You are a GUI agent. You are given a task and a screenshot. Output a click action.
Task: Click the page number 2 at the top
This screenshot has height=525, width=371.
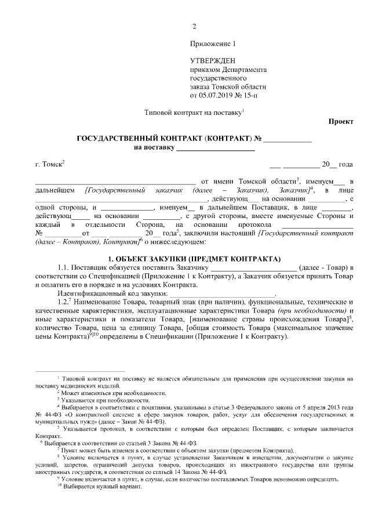point(194,26)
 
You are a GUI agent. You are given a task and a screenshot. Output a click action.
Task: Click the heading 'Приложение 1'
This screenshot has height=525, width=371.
point(213,44)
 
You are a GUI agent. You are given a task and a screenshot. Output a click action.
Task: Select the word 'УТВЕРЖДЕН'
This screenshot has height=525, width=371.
point(213,61)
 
